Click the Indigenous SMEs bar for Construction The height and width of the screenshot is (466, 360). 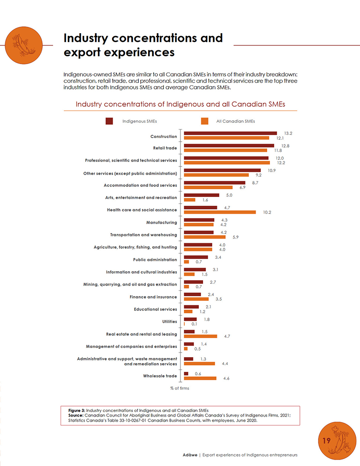click(230, 133)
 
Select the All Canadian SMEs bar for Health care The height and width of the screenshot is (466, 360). click(220, 212)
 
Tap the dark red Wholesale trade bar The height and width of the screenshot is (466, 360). click(186, 374)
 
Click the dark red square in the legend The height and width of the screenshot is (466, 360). click(109, 121)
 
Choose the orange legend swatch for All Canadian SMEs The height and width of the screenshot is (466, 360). click(204, 121)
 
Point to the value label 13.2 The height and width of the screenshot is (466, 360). click(288, 133)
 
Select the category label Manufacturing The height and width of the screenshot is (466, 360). click(162, 222)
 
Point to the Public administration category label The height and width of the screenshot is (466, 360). click(155, 260)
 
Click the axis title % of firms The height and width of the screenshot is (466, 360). click(180, 388)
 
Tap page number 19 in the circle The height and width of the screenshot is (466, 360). click(326, 441)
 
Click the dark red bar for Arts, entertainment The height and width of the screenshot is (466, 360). click(196, 195)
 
